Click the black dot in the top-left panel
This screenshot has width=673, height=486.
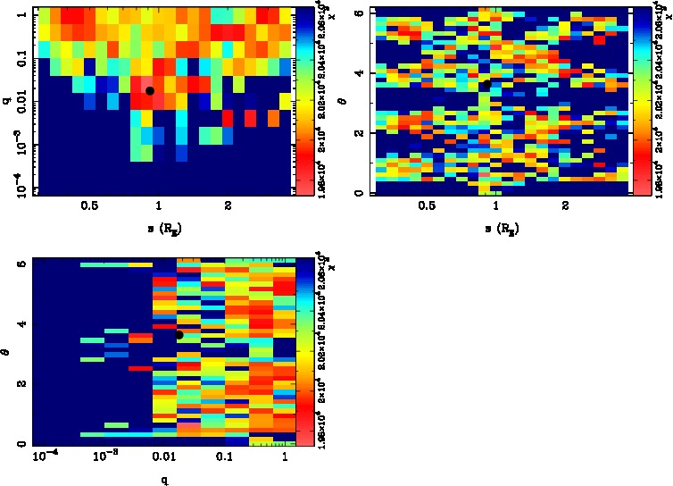150,90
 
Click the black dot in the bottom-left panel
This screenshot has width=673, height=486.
179,335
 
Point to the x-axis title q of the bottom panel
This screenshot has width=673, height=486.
164,481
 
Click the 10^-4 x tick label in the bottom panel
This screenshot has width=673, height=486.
45,457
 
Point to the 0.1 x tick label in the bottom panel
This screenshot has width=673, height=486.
224,457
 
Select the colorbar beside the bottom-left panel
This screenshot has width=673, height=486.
303,351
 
